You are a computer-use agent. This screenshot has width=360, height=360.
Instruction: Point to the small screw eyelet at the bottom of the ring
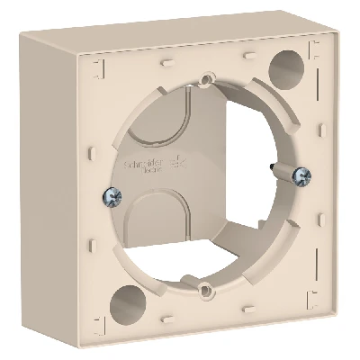(x=207, y=289)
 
